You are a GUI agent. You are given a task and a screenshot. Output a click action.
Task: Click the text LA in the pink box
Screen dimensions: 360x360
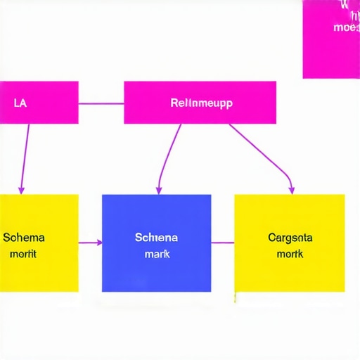(x=20, y=103)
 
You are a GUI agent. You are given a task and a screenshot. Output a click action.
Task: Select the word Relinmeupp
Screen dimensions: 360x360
(x=201, y=103)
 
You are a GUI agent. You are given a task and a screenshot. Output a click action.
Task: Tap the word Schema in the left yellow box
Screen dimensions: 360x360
(x=23, y=238)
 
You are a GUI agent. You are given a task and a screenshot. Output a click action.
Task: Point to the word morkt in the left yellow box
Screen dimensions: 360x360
(x=23, y=253)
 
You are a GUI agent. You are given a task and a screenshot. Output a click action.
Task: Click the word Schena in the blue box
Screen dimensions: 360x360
(x=156, y=238)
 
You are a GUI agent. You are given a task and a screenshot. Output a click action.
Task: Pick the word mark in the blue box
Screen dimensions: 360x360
(x=157, y=253)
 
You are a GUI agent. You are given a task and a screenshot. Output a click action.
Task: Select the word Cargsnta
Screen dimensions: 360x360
(x=290, y=238)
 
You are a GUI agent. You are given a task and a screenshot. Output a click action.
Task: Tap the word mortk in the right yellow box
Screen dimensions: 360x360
(x=290, y=253)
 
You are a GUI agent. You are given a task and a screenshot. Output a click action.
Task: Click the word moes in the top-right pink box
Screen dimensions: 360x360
(x=345, y=27)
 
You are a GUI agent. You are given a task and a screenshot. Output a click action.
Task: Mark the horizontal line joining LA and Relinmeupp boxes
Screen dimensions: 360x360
(x=101, y=103)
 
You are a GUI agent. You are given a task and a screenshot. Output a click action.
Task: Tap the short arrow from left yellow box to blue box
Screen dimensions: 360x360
(x=90, y=243)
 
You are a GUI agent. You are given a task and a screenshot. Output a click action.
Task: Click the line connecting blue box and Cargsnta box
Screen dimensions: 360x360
(x=222, y=243)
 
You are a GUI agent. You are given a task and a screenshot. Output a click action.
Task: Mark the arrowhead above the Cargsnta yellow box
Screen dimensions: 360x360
(x=291, y=189)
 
